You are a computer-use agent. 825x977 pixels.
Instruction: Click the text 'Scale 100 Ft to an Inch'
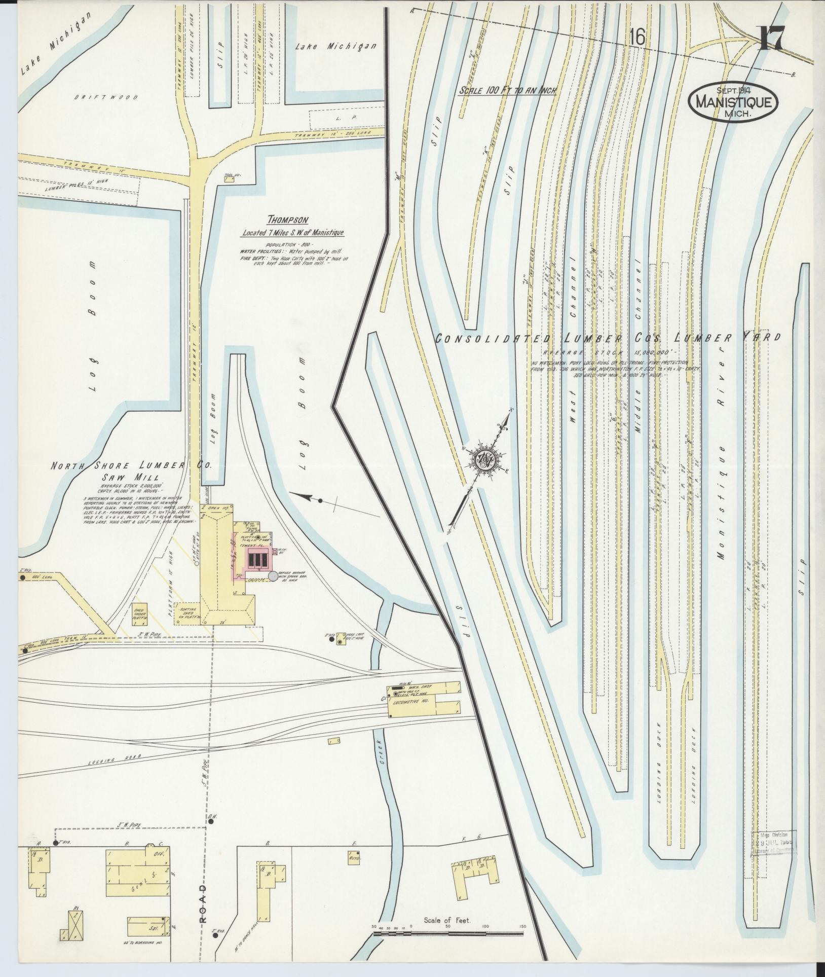point(508,91)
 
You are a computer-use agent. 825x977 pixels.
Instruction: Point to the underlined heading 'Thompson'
point(288,220)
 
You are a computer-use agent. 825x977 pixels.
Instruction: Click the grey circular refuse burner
point(273,576)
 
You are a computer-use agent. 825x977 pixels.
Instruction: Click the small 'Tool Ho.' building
point(229,178)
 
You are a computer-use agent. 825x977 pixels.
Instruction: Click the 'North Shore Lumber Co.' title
point(131,465)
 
